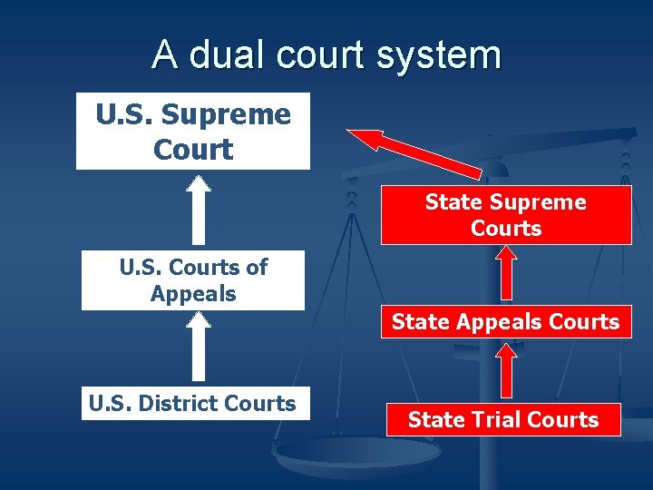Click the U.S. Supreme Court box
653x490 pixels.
click(192, 132)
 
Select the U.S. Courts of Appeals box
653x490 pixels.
click(192, 280)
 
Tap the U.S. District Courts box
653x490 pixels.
click(192, 404)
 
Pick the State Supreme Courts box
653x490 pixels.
click(505, 215)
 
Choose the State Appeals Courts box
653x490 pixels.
click(505, 321)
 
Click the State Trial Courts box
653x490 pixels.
click(503, 419)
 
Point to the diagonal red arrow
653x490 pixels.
click(414, 152)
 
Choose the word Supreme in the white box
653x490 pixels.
click(229, 115)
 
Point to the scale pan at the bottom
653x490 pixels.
click(345, 451)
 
